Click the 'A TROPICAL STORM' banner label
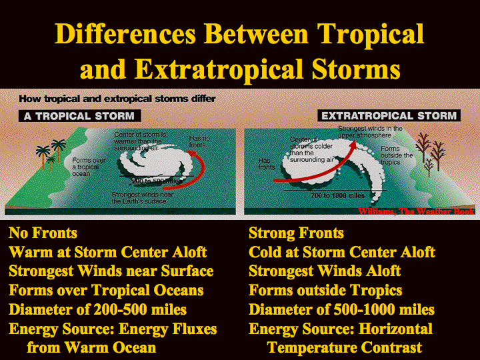[x=79, y=116]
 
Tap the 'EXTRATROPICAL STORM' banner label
[x=389, y=116]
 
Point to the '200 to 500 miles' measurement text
[x=157, y=181]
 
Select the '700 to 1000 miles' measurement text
[x=337, y=195]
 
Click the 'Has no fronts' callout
[x=199, y=141]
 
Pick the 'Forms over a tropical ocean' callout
[x=89, y=167]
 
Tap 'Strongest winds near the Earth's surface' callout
[x=143, y=198]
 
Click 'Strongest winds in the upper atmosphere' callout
[x=370, y=131]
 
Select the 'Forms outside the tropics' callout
[x=397, y=155]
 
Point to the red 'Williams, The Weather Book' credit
[x=416, y=211]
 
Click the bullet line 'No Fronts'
[x=43, y=233]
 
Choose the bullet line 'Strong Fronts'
[x=296, y=233]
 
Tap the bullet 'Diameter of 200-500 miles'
[x=97, y=309]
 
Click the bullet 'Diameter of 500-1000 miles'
[x=341, y=309]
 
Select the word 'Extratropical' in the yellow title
[x=219, y=69]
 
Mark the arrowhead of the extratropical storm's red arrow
[x=353, y=145]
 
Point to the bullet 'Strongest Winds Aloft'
[x=325, y=271]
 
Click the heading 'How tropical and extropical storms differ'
[x=117, y=99]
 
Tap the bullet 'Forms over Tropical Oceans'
[x=106, y=290]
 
